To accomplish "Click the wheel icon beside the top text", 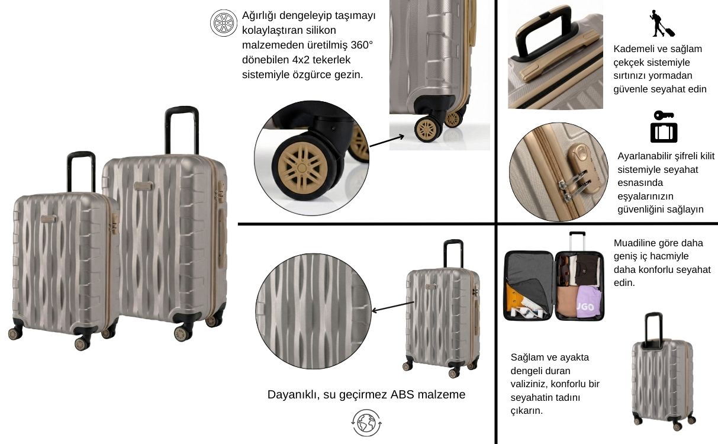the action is pos(223,22).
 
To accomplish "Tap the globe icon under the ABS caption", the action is pos(366,423).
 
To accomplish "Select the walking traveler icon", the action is pos(662,24).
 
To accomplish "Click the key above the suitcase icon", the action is pos(664,115).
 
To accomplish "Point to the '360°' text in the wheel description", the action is pos(362,45).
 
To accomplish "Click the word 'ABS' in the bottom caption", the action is pos(403,394).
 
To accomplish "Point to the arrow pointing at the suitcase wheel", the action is pos(387,141).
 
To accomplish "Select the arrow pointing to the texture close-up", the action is pos(392,307).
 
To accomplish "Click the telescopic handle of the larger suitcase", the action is pos(182,130).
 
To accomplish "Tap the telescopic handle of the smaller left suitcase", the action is pos(81,171).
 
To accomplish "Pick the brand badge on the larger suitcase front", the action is pos(143,186).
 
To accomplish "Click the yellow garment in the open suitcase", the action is pos(514,297).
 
